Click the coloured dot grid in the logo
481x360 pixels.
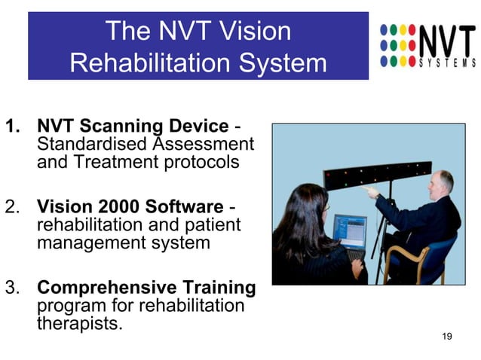pyautogui.click(x=397, y=44)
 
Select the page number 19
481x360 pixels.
pyautogui.click(x=446, y=335)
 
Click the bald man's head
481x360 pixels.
pyautogui.click(x=440, y=182)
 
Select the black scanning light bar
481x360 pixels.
pyautogui.click(x=378, y=175)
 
